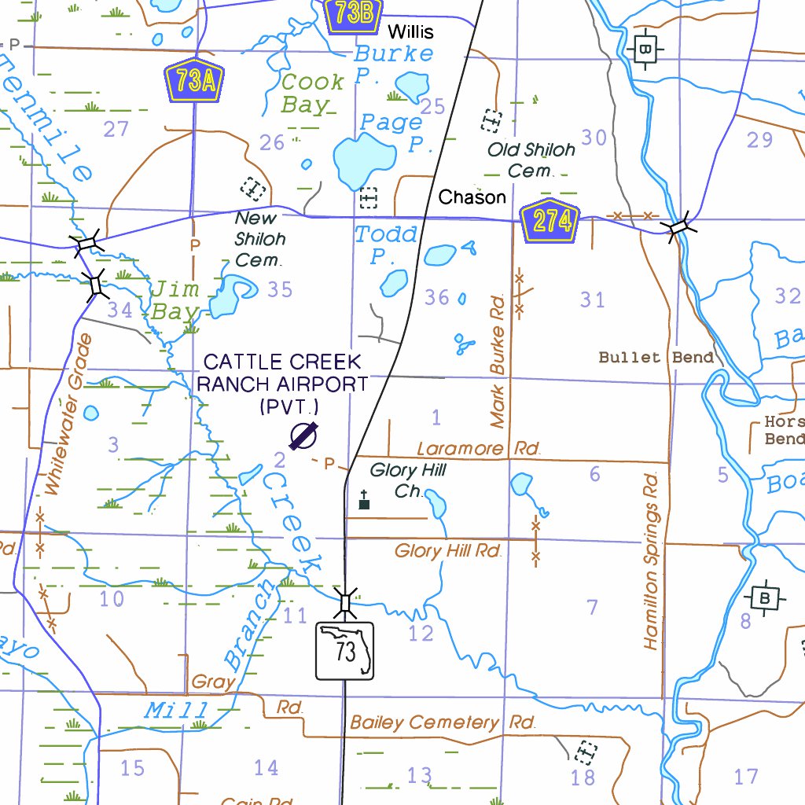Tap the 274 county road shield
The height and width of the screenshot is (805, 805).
point(550,222)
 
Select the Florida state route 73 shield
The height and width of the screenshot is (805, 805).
point(344,651)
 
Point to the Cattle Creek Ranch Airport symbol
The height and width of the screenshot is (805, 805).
point(303,436)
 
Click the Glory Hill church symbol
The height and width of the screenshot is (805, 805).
point(364,500)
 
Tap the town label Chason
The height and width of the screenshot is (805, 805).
point(472,197)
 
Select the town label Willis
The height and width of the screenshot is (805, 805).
point(410,32)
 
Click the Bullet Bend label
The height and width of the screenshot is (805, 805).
point(656,358)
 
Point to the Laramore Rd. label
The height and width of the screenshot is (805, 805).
point(479,449)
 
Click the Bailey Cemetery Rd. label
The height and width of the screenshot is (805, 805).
point(443,722)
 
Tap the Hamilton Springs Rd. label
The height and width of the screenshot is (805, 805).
point(650,561)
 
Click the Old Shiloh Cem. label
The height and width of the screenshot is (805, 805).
point(531,160)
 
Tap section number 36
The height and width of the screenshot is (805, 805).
point(437,297)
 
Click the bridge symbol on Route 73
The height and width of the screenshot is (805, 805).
point(345,603)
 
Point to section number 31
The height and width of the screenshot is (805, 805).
point(593,300)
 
